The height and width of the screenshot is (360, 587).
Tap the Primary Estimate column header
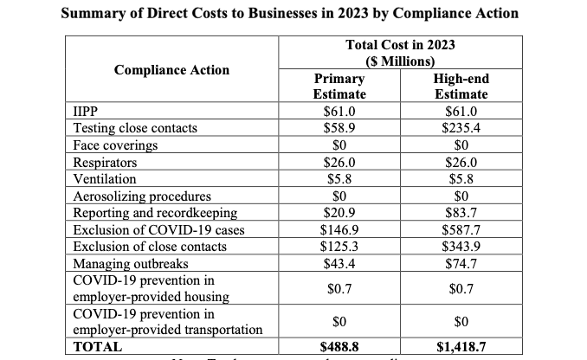(x=339, y=86)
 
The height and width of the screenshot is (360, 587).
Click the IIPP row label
(x=82, y=112)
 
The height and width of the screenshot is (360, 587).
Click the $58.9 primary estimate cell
(x=339, y=128)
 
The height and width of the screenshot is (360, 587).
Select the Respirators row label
(x=103, y=162)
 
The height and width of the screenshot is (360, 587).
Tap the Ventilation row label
(x=103, y=179)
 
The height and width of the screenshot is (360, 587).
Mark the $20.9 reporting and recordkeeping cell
(x=339, y=213)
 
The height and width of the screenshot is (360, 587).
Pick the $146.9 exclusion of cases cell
(x=339, y=230)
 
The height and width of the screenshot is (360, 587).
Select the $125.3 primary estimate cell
(x=339, y=247)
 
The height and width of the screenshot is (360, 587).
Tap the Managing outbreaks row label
(x=125, y=264)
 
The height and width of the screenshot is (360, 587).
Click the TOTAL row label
(x=98, y=347)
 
